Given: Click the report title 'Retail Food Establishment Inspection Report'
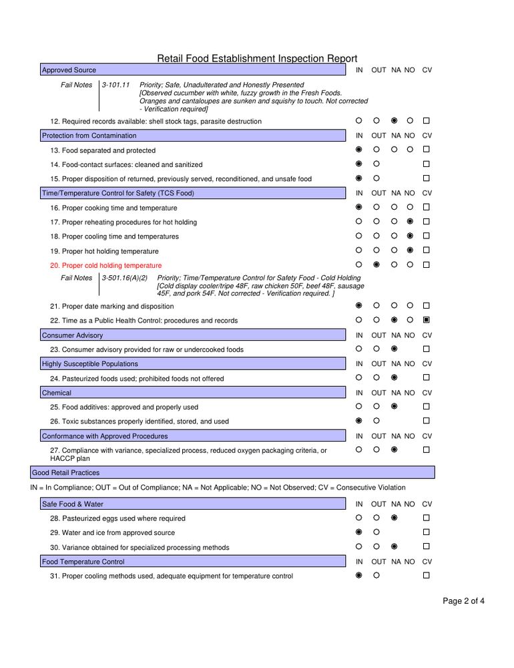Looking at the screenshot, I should pyautogui.click(x=257, y=59).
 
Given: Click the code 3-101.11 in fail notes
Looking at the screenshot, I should pyautogui.click(x=116, y=86).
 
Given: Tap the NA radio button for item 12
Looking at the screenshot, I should pyautogui.click(x=395, y=121).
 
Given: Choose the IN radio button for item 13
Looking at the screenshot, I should pyautogui.click(x=359, y=150).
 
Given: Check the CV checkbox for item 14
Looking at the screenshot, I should pyautogui.click(x=426, y=164).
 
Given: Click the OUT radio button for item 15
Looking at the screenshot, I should pyautogui.click(x=376, y=178).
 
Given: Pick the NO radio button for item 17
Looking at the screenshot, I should pyautogui.click(x=410, y=222).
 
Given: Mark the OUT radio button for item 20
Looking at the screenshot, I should pyautogui.click(x=376, y=265).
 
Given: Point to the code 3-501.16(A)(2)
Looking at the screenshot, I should pyautogui.click(x=125, y=278).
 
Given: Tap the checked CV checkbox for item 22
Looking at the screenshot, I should pyautogui.click(x=426, y=320).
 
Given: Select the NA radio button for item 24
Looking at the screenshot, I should pyautogui.click(x=395, y=378).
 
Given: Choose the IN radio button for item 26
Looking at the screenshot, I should pyautogui.click(x=359, y=421).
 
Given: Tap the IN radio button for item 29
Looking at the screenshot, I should pyautogui.click(x=359, y=532).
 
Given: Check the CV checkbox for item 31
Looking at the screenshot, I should pyautogui.click(x=426, y=575).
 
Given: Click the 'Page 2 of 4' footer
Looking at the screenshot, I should pyautogui.click(x=464, y=601).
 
